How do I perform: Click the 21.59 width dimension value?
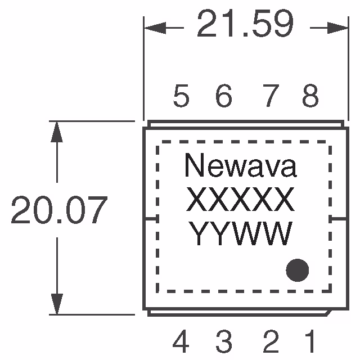click(245, 26)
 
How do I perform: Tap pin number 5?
click(181, 97)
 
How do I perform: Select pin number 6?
click(224, 97)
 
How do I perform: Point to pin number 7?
click(271, 97)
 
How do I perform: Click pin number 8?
click(310, 97)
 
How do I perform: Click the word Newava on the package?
click(240, 167)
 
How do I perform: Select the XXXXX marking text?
click(240, 199)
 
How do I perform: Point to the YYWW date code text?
click(240, 233)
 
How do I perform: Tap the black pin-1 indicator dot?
click(298, 271)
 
